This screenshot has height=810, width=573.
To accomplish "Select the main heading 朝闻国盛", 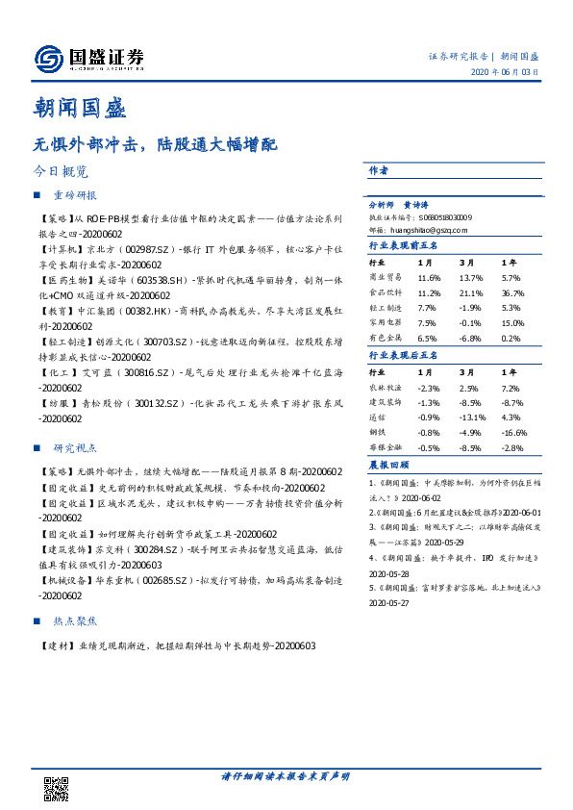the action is point(80,107).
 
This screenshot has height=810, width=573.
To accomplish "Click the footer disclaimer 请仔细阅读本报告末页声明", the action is point(286,775).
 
